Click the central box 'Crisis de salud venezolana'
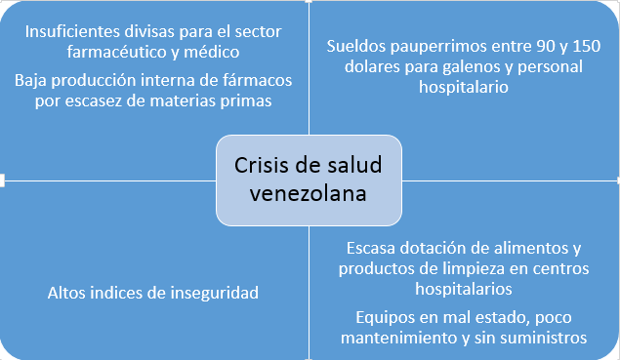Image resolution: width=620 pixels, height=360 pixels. tap(308, 180)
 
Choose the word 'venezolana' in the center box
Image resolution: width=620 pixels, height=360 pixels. tap(308, 193)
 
